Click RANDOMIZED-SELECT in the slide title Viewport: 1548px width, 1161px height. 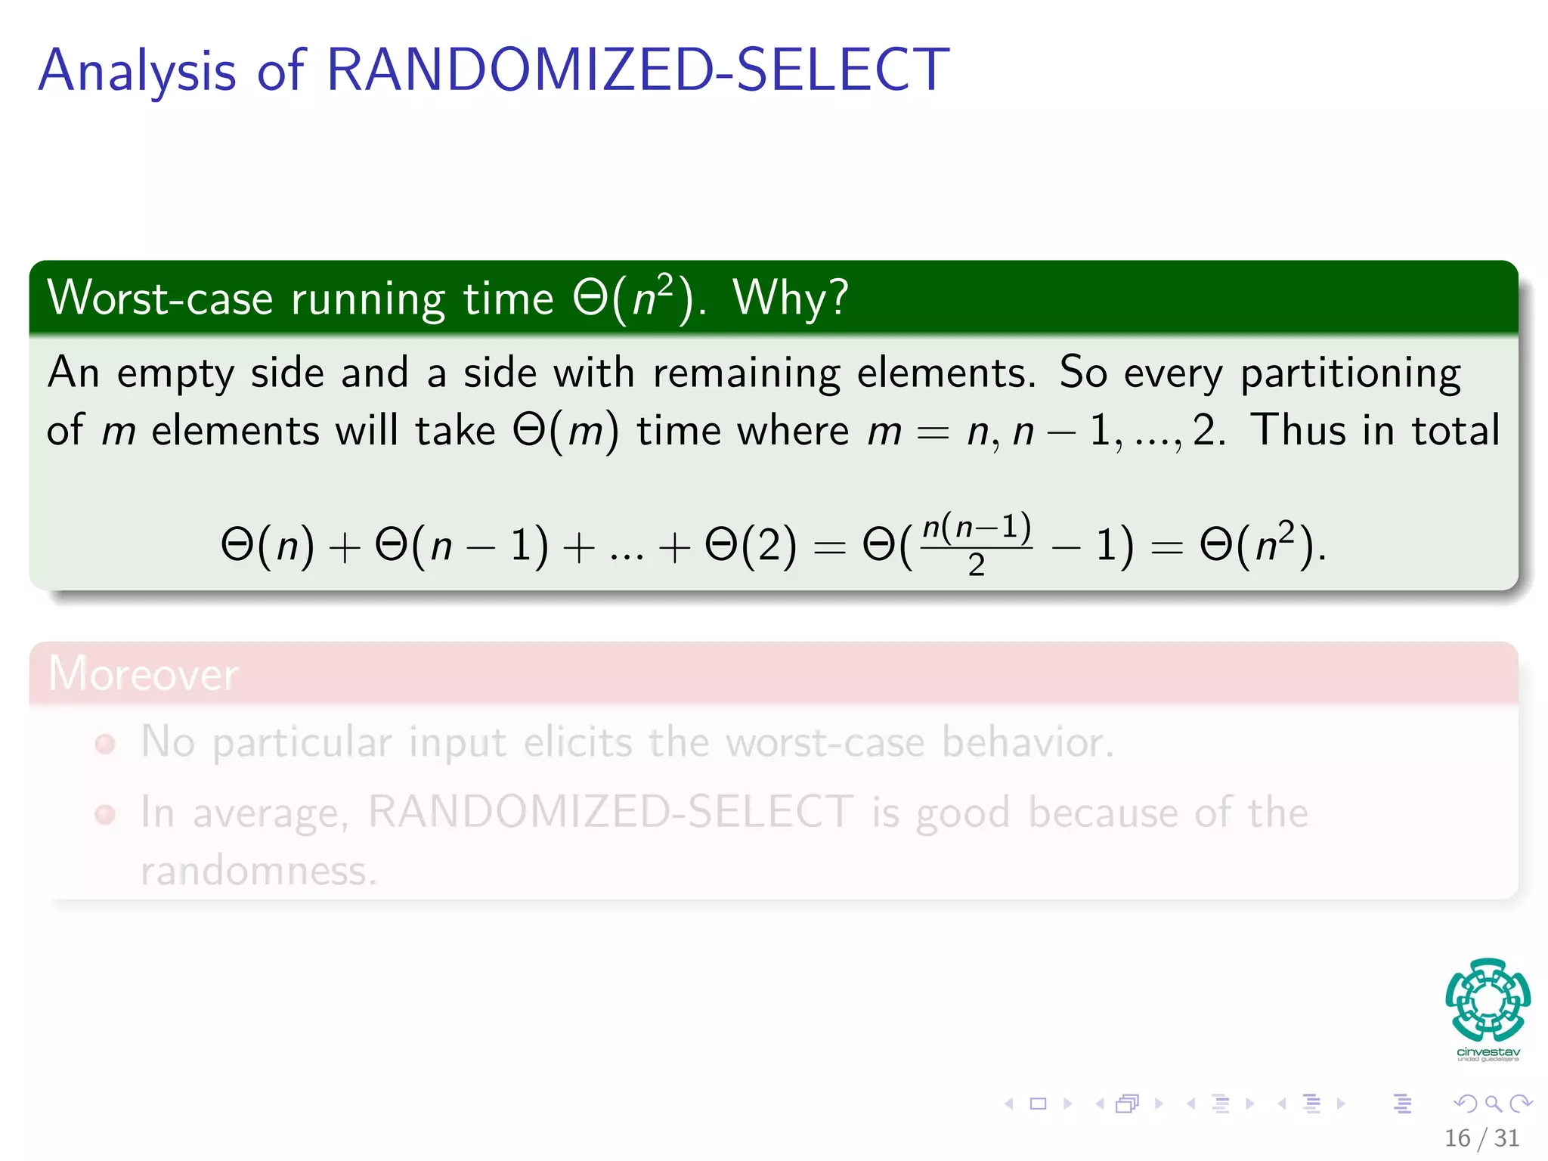point(636,70)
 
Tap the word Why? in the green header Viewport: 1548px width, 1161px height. point(791,298)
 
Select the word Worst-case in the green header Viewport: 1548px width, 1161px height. point(159,298)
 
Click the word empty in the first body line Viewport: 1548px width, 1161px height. point(175,373)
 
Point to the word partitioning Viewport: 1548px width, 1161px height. point(1350,373)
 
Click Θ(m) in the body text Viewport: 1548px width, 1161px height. point(565,432)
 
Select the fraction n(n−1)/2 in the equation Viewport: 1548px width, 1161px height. point(977,543)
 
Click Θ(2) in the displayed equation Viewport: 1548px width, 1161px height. point(750,545)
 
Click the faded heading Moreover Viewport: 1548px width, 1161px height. point(143,673)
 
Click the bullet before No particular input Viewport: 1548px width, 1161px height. point(105,744)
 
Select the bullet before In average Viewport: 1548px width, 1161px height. point(105,814)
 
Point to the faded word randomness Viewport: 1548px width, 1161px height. point(258,871)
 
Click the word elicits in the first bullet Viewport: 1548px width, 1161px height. point(577,742)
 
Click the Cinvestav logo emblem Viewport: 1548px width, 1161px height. point(1488,999)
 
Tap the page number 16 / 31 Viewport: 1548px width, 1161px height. point(1481,1138)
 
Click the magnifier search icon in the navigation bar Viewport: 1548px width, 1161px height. point(1493,1104)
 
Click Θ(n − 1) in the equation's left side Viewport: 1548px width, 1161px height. point(462,545)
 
